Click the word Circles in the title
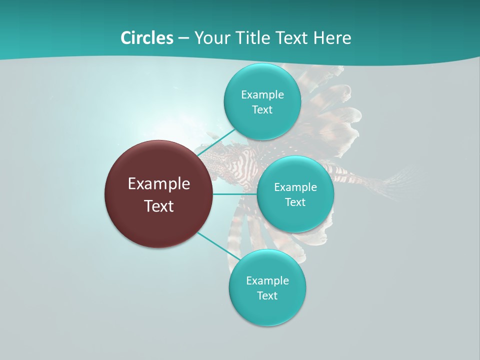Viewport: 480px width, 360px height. (146, 38)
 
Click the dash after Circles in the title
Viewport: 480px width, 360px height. (183, 38)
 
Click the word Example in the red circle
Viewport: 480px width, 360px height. (159, 184)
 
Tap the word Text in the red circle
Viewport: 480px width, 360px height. (159, 206)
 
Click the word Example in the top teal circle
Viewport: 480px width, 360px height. (262, 95)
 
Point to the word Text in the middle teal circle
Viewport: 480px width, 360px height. (295, 202)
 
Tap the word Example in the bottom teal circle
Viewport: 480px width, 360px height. (267, 281)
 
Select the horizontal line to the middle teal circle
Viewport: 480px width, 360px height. (234, 194)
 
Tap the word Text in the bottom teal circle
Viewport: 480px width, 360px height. (267, 296)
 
